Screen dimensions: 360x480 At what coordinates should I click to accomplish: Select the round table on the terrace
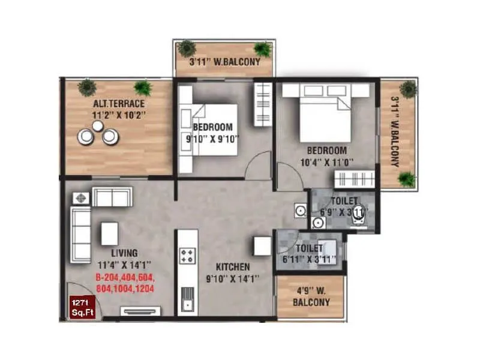(x=98, y=126)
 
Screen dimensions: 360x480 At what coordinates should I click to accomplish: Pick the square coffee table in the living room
(x=109, y=233)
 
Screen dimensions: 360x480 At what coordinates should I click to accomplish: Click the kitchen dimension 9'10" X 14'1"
(x=233, y=278)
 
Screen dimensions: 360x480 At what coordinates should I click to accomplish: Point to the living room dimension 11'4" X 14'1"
(x=124, y=265)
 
